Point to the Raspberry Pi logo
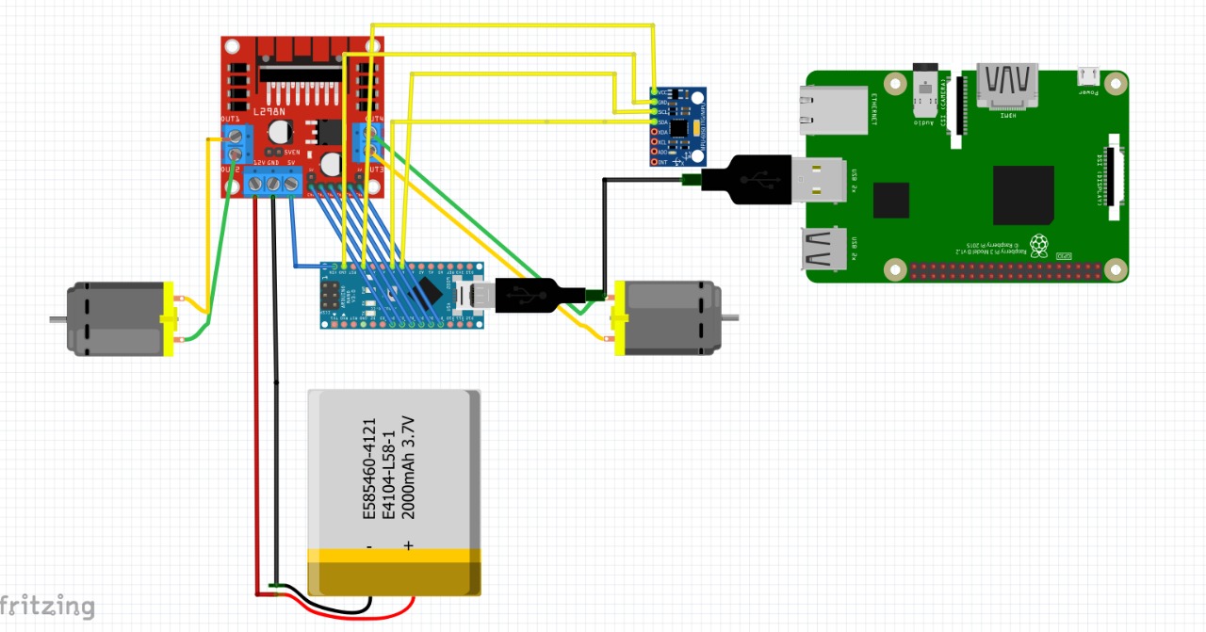[x=1038, y=246]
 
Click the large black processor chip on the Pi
[x=1023, y=195]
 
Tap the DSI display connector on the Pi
[x=1116, y=173]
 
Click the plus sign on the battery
[x=409, y=545]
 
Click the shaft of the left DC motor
[x=57, y=320]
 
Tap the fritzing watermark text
[x=47, y=607]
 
